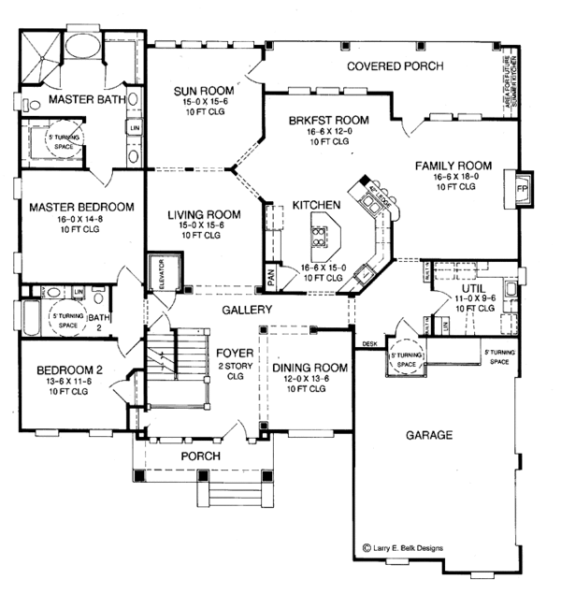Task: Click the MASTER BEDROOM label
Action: [x=80, y=207]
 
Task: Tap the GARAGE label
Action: [x=429, y=435]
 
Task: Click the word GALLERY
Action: [x=247, y=310]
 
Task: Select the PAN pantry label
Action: [x=271, y=277]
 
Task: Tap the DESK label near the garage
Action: [x=369, y=343]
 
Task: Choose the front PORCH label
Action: [x=201, y=456]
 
